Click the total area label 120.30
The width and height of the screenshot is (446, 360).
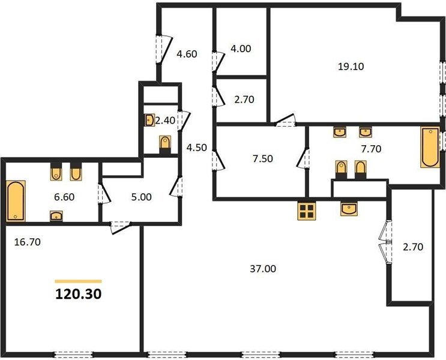pyautogui.click(x=78, y=294)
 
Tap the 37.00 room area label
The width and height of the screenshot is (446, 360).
pyautogui.click(x=263, y=268)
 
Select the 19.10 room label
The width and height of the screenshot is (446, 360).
pyautogui.click(x=351, y=66)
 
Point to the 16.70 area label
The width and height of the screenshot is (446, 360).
pyautogui.click(x=27, y=242)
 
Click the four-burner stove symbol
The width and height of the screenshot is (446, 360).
pyautogui.click(x=307, y=211)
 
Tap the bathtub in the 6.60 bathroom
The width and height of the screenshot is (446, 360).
pyautogui.click(x=16, y=201)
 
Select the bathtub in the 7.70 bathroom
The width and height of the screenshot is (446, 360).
pyautogui.click(x=430, y=147)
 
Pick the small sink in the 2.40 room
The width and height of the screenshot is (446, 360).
pyautogui.click(x=149, y=120)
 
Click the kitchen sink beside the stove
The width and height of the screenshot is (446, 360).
pyautogui.click(x=349, y=209)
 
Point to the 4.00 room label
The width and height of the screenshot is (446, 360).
pyautogui.click(x=241, y=49)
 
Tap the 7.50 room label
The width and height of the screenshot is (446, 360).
pyautogui.click(x=263, y=158)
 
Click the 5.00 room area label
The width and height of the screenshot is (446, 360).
pyautogui.click(x=142, y=197)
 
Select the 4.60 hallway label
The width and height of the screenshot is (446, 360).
pyautogui.click(x=187, y=54)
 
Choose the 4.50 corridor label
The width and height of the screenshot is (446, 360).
pyautogui.click(x=196, y=148)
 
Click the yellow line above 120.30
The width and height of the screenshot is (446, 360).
pyautogui.click(x=78, y=281)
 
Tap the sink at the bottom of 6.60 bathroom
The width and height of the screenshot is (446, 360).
pyautogui.click(x=56, y=216)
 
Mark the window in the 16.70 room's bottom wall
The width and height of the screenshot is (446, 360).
pyautogui.click(x=74, y=355)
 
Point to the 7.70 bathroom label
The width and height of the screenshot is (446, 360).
pyautogui.click(x=371, y=148)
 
